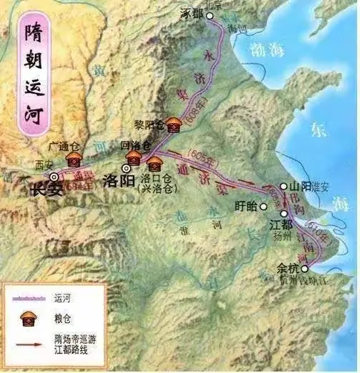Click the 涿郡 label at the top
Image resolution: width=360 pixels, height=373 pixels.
(x=193, y=14)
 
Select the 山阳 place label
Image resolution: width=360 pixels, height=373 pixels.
(x=298, y=186)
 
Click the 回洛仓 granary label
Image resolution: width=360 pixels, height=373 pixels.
(x=134, y=145)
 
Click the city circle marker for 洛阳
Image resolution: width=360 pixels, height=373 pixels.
(x=126, y=169)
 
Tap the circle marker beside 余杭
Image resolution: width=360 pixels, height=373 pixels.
(x=305, y=269)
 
